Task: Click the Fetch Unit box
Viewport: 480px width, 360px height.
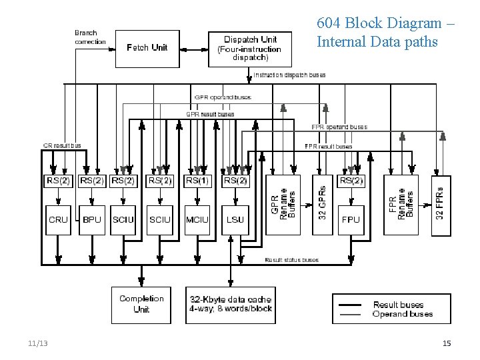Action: pos(147,48)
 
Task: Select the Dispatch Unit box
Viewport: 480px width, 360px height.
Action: pos(249,48)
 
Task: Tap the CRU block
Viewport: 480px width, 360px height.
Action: pos(59,219)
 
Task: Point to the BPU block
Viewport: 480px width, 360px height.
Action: pos(91,219)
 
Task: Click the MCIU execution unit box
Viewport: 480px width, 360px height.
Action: pos(197,219)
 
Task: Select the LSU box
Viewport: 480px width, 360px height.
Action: pos(235,219)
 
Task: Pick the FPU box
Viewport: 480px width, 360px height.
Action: pos(351,219)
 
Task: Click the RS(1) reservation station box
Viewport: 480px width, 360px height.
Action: pos(197,181)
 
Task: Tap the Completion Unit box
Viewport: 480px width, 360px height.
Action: pos(141,304)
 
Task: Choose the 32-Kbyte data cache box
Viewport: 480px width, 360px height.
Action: pos(230,304)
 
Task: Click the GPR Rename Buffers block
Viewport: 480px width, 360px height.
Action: pos(283,205)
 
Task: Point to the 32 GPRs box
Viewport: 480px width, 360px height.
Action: pos(323,205)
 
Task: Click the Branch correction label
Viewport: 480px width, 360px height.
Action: pos(90,37)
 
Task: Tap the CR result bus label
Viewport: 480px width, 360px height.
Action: pos(62,145)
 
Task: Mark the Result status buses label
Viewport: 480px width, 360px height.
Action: pos(291,260)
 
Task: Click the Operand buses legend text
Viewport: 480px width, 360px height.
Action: pos(402,314)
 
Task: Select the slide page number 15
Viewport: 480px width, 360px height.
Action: pos(447,343)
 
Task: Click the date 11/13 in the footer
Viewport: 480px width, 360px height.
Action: pos(38,343)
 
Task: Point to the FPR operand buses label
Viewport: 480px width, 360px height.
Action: pos(339,127)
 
